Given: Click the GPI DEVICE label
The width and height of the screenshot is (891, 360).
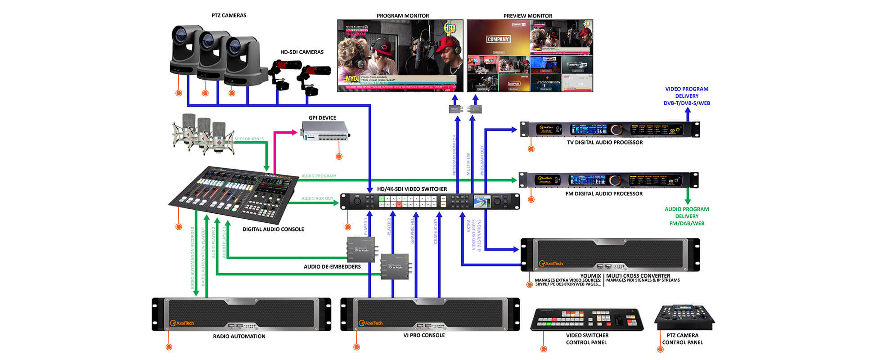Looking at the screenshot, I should click(x=322, y=118).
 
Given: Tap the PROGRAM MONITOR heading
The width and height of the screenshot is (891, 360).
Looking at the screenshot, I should click(x=403, y=16).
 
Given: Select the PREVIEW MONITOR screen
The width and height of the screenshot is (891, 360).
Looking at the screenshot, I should click(x=530, y=56).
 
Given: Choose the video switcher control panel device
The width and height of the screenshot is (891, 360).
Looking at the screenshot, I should click(x=587, y=319).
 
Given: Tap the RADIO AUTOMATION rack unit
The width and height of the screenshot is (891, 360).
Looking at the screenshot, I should click(x=242, y=315).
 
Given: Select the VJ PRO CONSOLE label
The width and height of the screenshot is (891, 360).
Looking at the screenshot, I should click(x=424, y=335).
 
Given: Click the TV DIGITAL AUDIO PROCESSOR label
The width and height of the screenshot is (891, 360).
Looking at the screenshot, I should click(x=605, y=143).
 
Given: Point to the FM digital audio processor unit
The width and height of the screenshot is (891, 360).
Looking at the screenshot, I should click(x=609, y=180).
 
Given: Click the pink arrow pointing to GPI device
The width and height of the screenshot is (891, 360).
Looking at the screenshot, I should click(x=288, y=132).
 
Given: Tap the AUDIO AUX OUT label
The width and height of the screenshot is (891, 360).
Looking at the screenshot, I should click(x=317, y=198).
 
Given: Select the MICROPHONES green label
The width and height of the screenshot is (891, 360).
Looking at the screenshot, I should click(x=249, y=139).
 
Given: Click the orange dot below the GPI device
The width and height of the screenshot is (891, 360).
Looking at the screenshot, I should click(x=339, y=157).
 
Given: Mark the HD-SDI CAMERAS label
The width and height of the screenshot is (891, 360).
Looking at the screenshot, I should click(x=301, y=52).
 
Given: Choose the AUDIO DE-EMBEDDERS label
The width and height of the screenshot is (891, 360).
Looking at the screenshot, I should click(x=332, y=267).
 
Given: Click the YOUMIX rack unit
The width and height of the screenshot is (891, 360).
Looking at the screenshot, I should click(x=610, y=255).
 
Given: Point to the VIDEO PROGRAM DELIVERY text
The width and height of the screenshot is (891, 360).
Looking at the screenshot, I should click(x=687, y=96).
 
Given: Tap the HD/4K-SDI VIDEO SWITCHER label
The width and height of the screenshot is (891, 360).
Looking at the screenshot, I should click(x=412, y=189).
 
